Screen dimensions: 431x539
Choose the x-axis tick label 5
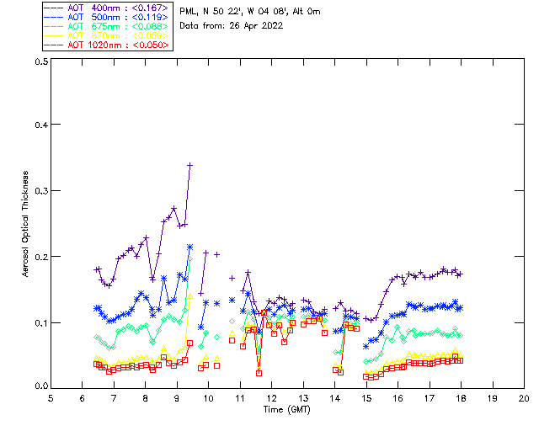pyautogui.click(x=51, y=397)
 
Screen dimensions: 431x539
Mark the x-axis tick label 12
pyautogui.click(x=271, y=397)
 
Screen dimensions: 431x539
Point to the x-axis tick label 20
pyautogui.click(x=524, y=397)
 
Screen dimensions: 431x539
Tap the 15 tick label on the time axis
pyautogui.click(x=366, y=397)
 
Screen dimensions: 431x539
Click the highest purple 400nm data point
pyautogui.click(x=190, y=165)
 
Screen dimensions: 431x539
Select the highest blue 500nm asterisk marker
pyautogui.click(x=190, y=247)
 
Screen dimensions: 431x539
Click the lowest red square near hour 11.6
pyautogui.click(x=259, y=372)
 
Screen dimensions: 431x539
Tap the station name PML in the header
pyautogui.click(x=189, y=11)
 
